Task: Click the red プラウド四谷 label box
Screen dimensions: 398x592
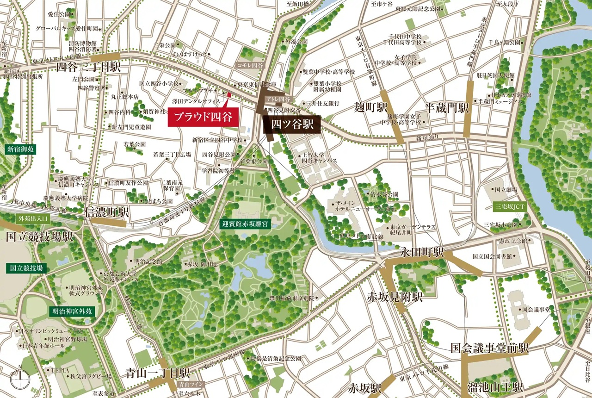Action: pos(203,117)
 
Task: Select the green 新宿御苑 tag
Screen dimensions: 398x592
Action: pos(20,149)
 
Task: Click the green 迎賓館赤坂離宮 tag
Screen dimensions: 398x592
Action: pos(245,224)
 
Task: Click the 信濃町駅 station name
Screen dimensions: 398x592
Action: pos(107,212)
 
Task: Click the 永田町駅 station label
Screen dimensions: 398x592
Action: pos(422,253)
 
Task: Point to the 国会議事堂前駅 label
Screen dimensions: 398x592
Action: pos(489,348)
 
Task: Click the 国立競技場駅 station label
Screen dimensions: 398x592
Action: pos(39,237)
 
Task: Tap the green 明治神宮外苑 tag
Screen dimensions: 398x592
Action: pos(72,311)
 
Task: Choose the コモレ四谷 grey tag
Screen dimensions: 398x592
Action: pos(249,66)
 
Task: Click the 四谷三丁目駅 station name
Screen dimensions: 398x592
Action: pos(88,67)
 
